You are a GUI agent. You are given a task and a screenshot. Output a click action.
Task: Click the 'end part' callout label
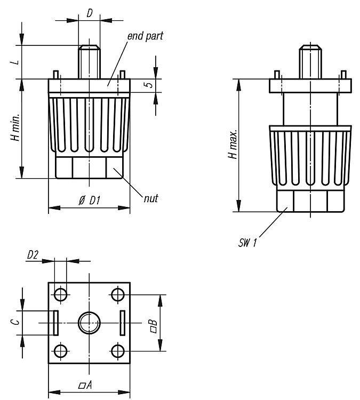point(145,36)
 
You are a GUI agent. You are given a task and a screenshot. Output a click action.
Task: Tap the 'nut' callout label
point(151,198)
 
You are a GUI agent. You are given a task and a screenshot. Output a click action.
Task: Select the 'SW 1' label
point(247,242)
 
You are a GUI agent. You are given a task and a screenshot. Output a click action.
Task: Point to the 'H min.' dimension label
point(15,127)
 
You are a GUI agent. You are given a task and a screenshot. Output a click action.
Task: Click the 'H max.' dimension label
point(233,145)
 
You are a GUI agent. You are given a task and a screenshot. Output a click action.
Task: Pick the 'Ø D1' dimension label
point(89,201)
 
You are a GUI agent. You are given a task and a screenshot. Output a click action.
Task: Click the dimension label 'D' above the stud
point(89,13)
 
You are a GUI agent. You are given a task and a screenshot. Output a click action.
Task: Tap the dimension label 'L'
point(16,62)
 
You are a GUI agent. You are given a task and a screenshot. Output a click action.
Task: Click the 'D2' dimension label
point(33,255)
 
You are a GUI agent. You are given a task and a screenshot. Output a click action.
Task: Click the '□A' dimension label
point(85,385)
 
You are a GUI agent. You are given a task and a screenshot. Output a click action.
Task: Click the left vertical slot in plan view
point(56,323)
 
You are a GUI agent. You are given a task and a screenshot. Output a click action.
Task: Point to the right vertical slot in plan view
point(123,323)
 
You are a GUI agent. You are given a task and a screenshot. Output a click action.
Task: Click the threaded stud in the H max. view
point(310,62)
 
